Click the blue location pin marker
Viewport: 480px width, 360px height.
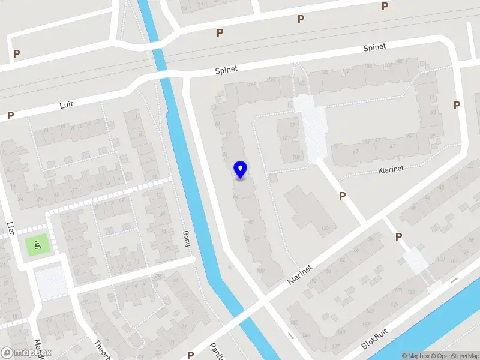[240, 170]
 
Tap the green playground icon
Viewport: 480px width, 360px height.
[37, 244]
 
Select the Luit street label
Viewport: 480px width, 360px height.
[66, 104]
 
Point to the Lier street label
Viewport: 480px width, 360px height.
[10, 228]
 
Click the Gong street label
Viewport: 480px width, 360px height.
[185, 239]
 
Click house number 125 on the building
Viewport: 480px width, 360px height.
[326, 227]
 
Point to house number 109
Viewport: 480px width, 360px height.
[295, 157]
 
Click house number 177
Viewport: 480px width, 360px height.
[335, 347]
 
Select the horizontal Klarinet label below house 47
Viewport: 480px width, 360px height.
[391, 169]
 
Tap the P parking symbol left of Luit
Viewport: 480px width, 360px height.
[10, 115]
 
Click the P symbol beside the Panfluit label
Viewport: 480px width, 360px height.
[190, 355]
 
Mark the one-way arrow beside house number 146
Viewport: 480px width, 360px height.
[292, 335]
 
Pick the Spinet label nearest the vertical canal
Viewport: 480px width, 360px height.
[227, 70]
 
